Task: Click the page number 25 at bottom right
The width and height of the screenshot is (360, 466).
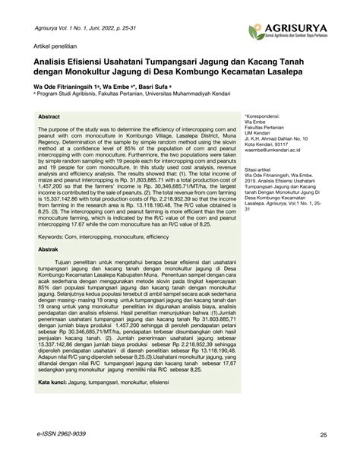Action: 324,455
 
